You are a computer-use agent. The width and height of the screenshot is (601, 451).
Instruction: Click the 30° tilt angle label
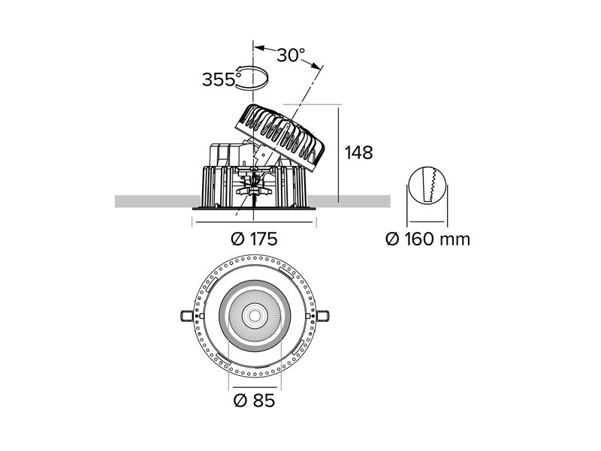coord(291,55)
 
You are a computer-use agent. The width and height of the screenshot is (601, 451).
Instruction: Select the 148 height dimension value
coord(359,153)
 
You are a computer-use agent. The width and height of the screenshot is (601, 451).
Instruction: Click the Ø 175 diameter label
coord(254,239)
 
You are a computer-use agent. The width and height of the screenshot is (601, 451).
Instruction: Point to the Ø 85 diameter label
coord(254,401)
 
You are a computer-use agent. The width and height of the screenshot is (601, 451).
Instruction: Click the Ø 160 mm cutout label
coord(427,239)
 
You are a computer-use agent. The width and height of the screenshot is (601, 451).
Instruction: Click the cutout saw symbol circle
coord(427,185)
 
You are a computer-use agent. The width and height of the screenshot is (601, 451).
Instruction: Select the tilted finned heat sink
coord(279,137)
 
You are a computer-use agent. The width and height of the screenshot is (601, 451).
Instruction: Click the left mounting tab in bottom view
coord(186,316)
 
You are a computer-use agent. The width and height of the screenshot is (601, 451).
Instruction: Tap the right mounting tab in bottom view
coord(323,316)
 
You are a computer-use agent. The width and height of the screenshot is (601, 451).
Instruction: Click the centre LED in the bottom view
coord(254,316)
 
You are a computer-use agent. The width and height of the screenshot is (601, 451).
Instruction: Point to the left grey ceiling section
coord(158,201)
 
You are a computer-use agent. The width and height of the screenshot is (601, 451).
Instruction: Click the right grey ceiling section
coord(349,201)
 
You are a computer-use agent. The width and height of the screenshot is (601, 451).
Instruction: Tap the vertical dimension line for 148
coord(339,155)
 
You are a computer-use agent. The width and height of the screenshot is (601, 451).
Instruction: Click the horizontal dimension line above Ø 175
coord(254,221)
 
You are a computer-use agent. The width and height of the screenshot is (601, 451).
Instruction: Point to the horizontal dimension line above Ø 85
coord(254,387)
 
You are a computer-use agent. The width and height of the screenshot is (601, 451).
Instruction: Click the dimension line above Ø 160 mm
coord(427,221)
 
